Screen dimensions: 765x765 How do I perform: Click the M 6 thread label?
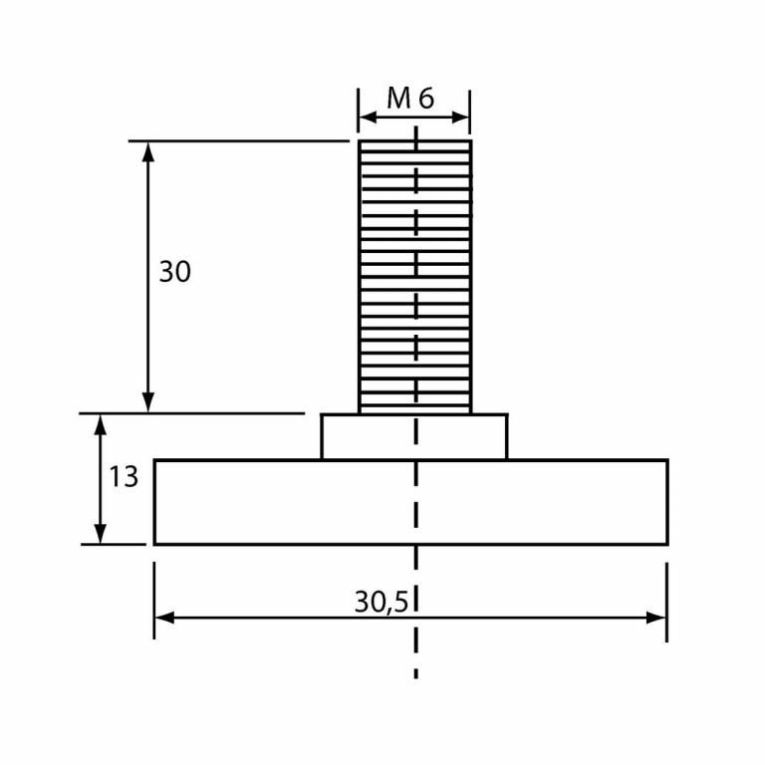click(x=410, y=98)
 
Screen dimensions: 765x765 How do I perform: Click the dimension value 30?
click(x=174, y=272)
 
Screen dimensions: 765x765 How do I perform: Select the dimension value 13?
click(x=124, y=477)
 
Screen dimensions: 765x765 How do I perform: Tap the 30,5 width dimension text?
click(x=383, y=602)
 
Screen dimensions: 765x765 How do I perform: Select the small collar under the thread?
click(x=414, y=436)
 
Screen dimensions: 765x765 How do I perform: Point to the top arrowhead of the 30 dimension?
click(x=148, y=149)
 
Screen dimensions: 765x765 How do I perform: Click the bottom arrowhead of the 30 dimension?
click(x=148, y=402)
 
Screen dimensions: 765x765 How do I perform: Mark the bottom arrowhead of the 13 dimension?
click(x=100, y=534)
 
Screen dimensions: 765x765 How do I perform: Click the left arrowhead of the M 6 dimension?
click(x=366, y=118)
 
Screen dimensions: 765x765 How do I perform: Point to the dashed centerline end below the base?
click(x=415, y=675)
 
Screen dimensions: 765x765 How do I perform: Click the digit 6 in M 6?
click(x=426, y=98)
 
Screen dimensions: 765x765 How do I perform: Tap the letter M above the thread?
click(x=398, y=98)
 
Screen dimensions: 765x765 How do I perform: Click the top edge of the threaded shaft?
click(x=414, y=140)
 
